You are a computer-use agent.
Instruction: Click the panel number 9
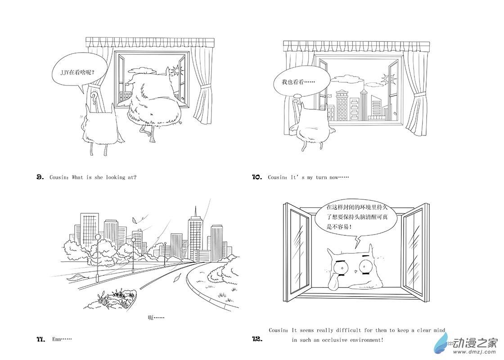pos(40,177)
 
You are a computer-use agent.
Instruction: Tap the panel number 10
pos(257,177)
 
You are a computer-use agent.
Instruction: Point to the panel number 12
pos(257,339)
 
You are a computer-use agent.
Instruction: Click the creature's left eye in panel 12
pos(341,269)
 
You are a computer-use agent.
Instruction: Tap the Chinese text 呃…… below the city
pos(156,318)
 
